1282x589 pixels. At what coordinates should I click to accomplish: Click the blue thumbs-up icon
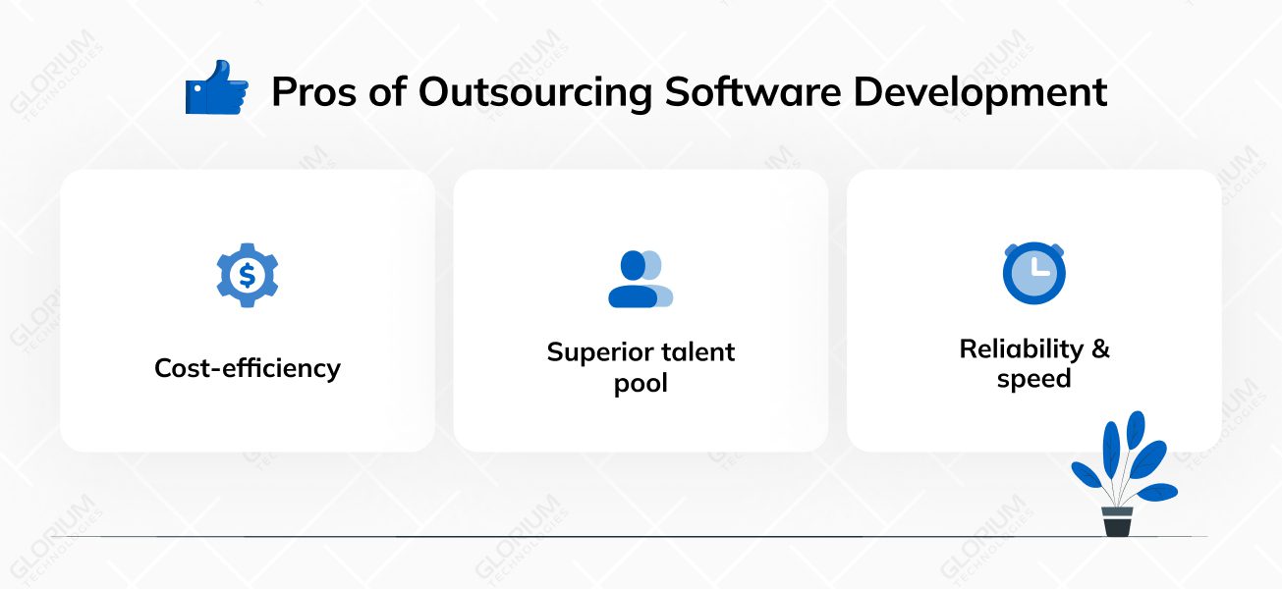click(216, 87)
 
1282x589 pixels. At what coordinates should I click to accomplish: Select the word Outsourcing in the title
click(535, 92)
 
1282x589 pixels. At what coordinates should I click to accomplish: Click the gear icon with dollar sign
click(248, 276)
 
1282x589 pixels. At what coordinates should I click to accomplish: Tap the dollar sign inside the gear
click(248, 276)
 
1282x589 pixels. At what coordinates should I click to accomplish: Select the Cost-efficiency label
click(248, 369)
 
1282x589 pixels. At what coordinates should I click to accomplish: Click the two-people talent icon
click(641, 279)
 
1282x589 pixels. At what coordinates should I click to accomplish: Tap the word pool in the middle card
click(641, 383)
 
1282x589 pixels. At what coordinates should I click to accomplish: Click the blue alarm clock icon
click(1033, 273)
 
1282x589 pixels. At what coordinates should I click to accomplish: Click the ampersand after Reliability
click(1100, 349)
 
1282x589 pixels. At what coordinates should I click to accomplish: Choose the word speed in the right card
click(1033, 380)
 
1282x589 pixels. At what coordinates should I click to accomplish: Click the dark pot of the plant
click(1117, 521)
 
